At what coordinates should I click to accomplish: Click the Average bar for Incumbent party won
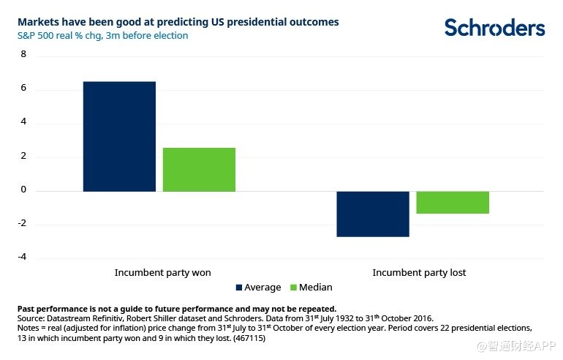[x=119, y=136]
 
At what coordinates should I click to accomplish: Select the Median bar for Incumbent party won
[x=199, y=169]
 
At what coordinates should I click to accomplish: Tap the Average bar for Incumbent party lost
[x=373, y=214]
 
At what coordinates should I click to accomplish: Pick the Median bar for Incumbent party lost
[x=453, y=202]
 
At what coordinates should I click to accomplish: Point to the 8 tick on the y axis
[x=23, y=54]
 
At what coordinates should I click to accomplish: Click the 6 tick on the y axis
[x=23, y=89]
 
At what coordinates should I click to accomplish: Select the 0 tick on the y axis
[x=23, y=190]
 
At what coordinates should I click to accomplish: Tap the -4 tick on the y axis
[x=21, y=257]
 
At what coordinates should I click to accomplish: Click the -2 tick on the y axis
[x=21, y=223]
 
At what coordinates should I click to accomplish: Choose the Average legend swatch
[x=239, y=288]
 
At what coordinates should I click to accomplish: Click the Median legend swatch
[x=294, y=288]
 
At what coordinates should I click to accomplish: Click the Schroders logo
[x=494, y=28]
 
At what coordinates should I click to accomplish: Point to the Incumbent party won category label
[x=162, y=272]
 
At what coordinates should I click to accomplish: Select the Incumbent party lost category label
[x=419, y=272]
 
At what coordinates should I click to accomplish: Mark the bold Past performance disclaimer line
[x=176, y=308]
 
